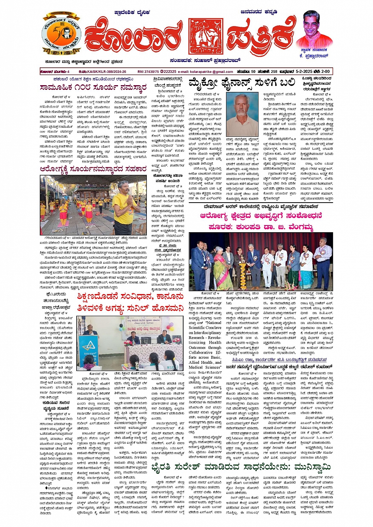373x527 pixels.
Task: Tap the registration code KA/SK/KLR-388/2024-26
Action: pos(103,72)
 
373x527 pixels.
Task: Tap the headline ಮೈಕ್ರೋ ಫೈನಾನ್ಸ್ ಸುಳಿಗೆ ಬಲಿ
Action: pos(242,83)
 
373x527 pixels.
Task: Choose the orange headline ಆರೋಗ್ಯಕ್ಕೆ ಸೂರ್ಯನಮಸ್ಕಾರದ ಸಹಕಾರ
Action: pos(93,169)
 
